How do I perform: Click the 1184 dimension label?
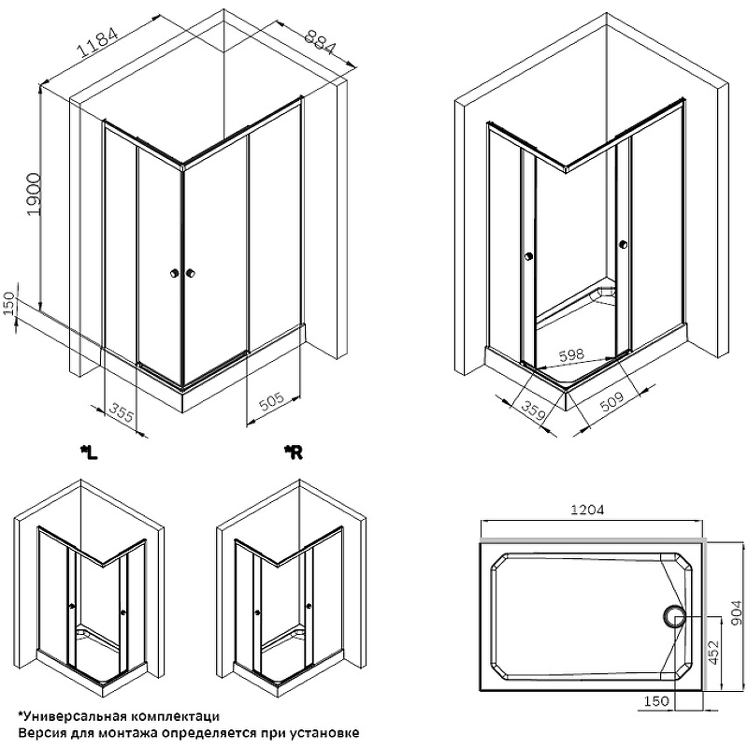(98, 42)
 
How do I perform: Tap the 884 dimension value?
(321, 41)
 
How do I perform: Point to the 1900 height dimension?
(34, 194)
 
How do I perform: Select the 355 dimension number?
(122, 411)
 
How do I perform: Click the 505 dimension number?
(271, 402)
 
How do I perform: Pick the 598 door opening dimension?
(571, 355)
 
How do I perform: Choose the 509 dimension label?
(611, 402)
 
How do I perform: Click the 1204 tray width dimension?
(587, 510)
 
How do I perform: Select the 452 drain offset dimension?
(714, 652)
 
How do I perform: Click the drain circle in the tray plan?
(674, 617)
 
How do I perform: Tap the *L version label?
(89, 453)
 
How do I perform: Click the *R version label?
(293, 453)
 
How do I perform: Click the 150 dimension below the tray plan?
(657, 701)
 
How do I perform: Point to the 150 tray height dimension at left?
(9, 303)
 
